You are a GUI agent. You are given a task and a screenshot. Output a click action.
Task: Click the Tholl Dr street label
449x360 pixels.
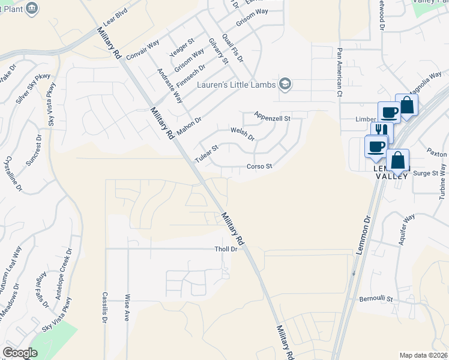[226, 249]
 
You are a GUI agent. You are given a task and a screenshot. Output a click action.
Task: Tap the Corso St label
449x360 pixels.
[260, 166]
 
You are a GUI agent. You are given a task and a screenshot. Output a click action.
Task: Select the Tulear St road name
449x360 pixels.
[206, 154]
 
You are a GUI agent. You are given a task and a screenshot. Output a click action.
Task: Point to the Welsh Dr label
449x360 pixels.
[243, 133]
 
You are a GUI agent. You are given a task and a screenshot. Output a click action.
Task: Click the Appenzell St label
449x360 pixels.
[272, 116]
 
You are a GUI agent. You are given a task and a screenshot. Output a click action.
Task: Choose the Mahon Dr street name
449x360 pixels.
[189, 124]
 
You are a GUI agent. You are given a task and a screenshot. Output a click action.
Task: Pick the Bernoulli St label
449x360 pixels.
[375, 299]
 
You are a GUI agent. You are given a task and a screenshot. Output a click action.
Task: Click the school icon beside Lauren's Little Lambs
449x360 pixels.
[285, 84]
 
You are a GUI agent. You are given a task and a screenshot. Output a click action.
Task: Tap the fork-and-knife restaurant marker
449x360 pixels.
[379, 129]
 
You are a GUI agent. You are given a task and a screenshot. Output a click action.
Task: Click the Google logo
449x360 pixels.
[20, 353]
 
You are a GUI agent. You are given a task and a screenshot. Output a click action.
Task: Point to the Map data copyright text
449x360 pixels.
[423, 355]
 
